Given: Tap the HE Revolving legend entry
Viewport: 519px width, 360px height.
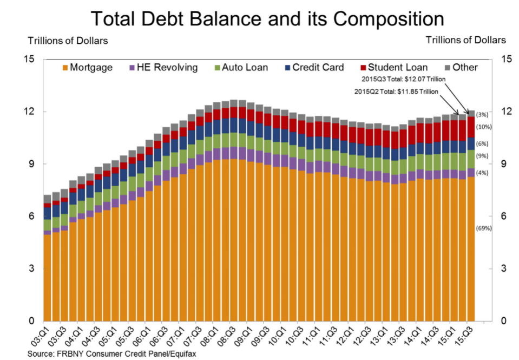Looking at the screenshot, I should [x=163, y=68].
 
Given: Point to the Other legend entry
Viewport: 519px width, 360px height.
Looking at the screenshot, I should [x=461, y=68].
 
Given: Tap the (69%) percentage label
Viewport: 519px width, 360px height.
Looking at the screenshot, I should [x=483, y=228].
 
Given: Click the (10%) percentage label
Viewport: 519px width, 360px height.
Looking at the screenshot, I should [x=483, y=127].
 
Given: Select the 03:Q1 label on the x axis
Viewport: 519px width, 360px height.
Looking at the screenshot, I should [x=43, y=336].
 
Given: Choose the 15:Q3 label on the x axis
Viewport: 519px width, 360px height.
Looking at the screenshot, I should [x=467, y=336].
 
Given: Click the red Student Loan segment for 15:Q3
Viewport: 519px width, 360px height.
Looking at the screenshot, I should [x=471, y=127].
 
